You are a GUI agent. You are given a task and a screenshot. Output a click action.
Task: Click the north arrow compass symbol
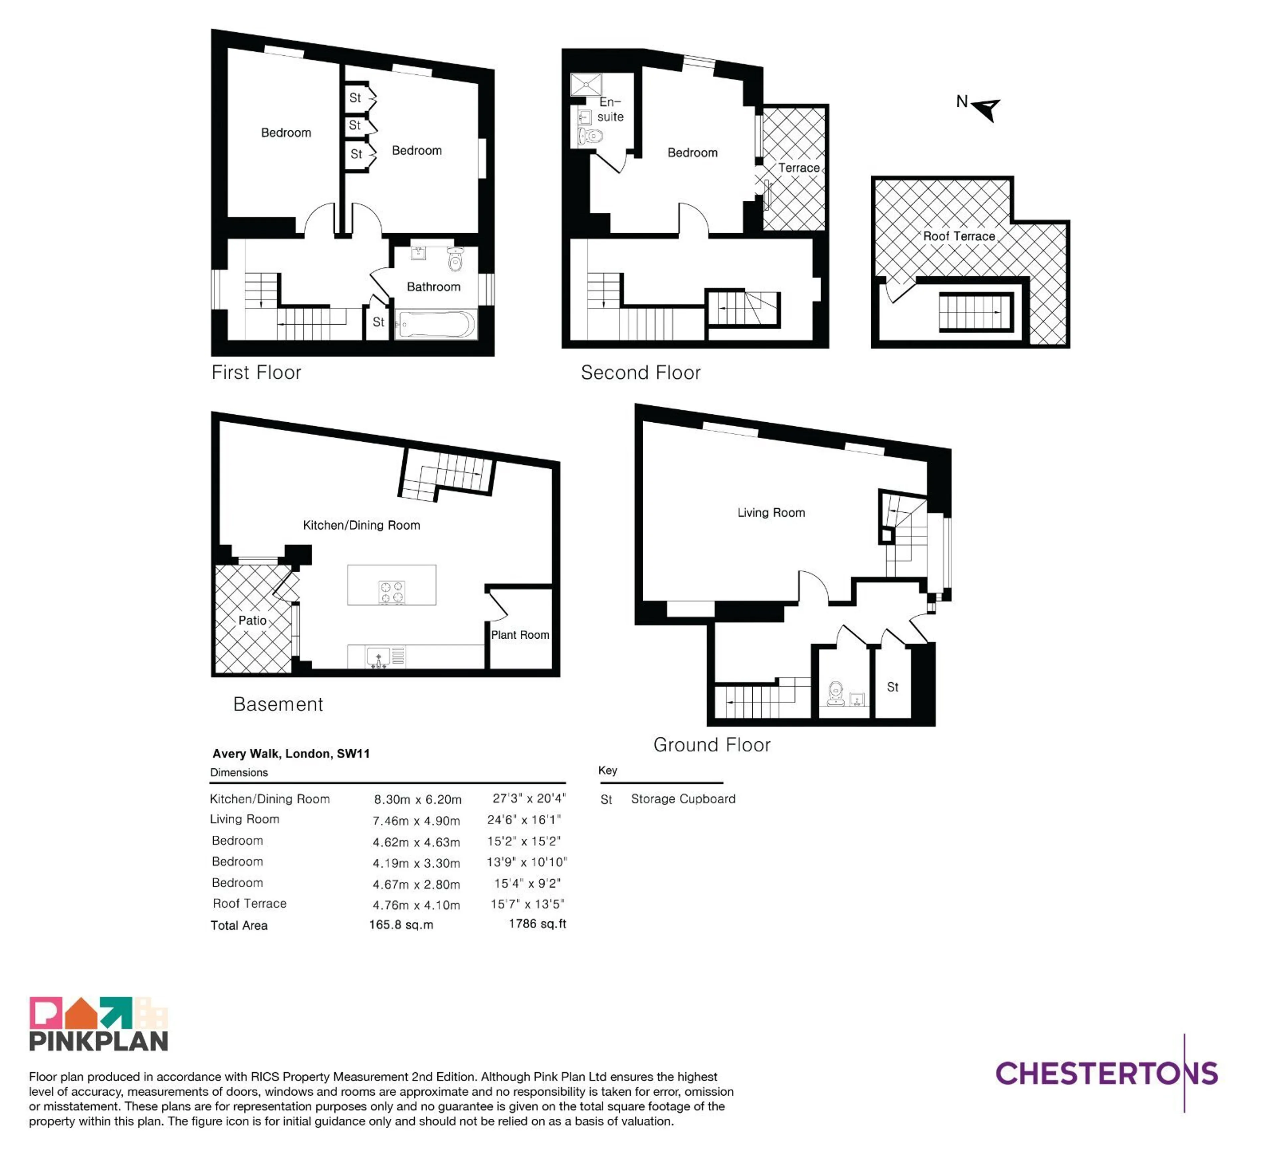tap(986, 109)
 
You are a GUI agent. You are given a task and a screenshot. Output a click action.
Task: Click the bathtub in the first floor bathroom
tap(435, 325)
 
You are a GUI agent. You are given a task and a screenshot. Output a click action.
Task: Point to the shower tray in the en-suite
tap(586, 84)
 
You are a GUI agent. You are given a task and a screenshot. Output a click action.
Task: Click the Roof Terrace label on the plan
tap(959, 236)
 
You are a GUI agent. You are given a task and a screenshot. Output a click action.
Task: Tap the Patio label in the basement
tap(252, 620)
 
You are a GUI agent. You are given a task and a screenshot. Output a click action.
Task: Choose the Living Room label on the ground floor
tap(771, 513)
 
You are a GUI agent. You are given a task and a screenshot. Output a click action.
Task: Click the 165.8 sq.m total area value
tap(401, 925)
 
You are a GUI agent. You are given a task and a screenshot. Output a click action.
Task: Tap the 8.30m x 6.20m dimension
tap(418, 799)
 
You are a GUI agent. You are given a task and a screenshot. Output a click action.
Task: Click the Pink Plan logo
tap(99, 1023)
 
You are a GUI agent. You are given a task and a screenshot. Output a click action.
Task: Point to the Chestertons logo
tap(1107, 1073)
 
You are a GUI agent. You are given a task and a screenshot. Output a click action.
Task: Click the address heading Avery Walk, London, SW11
tap(291, 753)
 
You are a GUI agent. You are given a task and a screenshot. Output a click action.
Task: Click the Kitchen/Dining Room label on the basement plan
tap(362, 525)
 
